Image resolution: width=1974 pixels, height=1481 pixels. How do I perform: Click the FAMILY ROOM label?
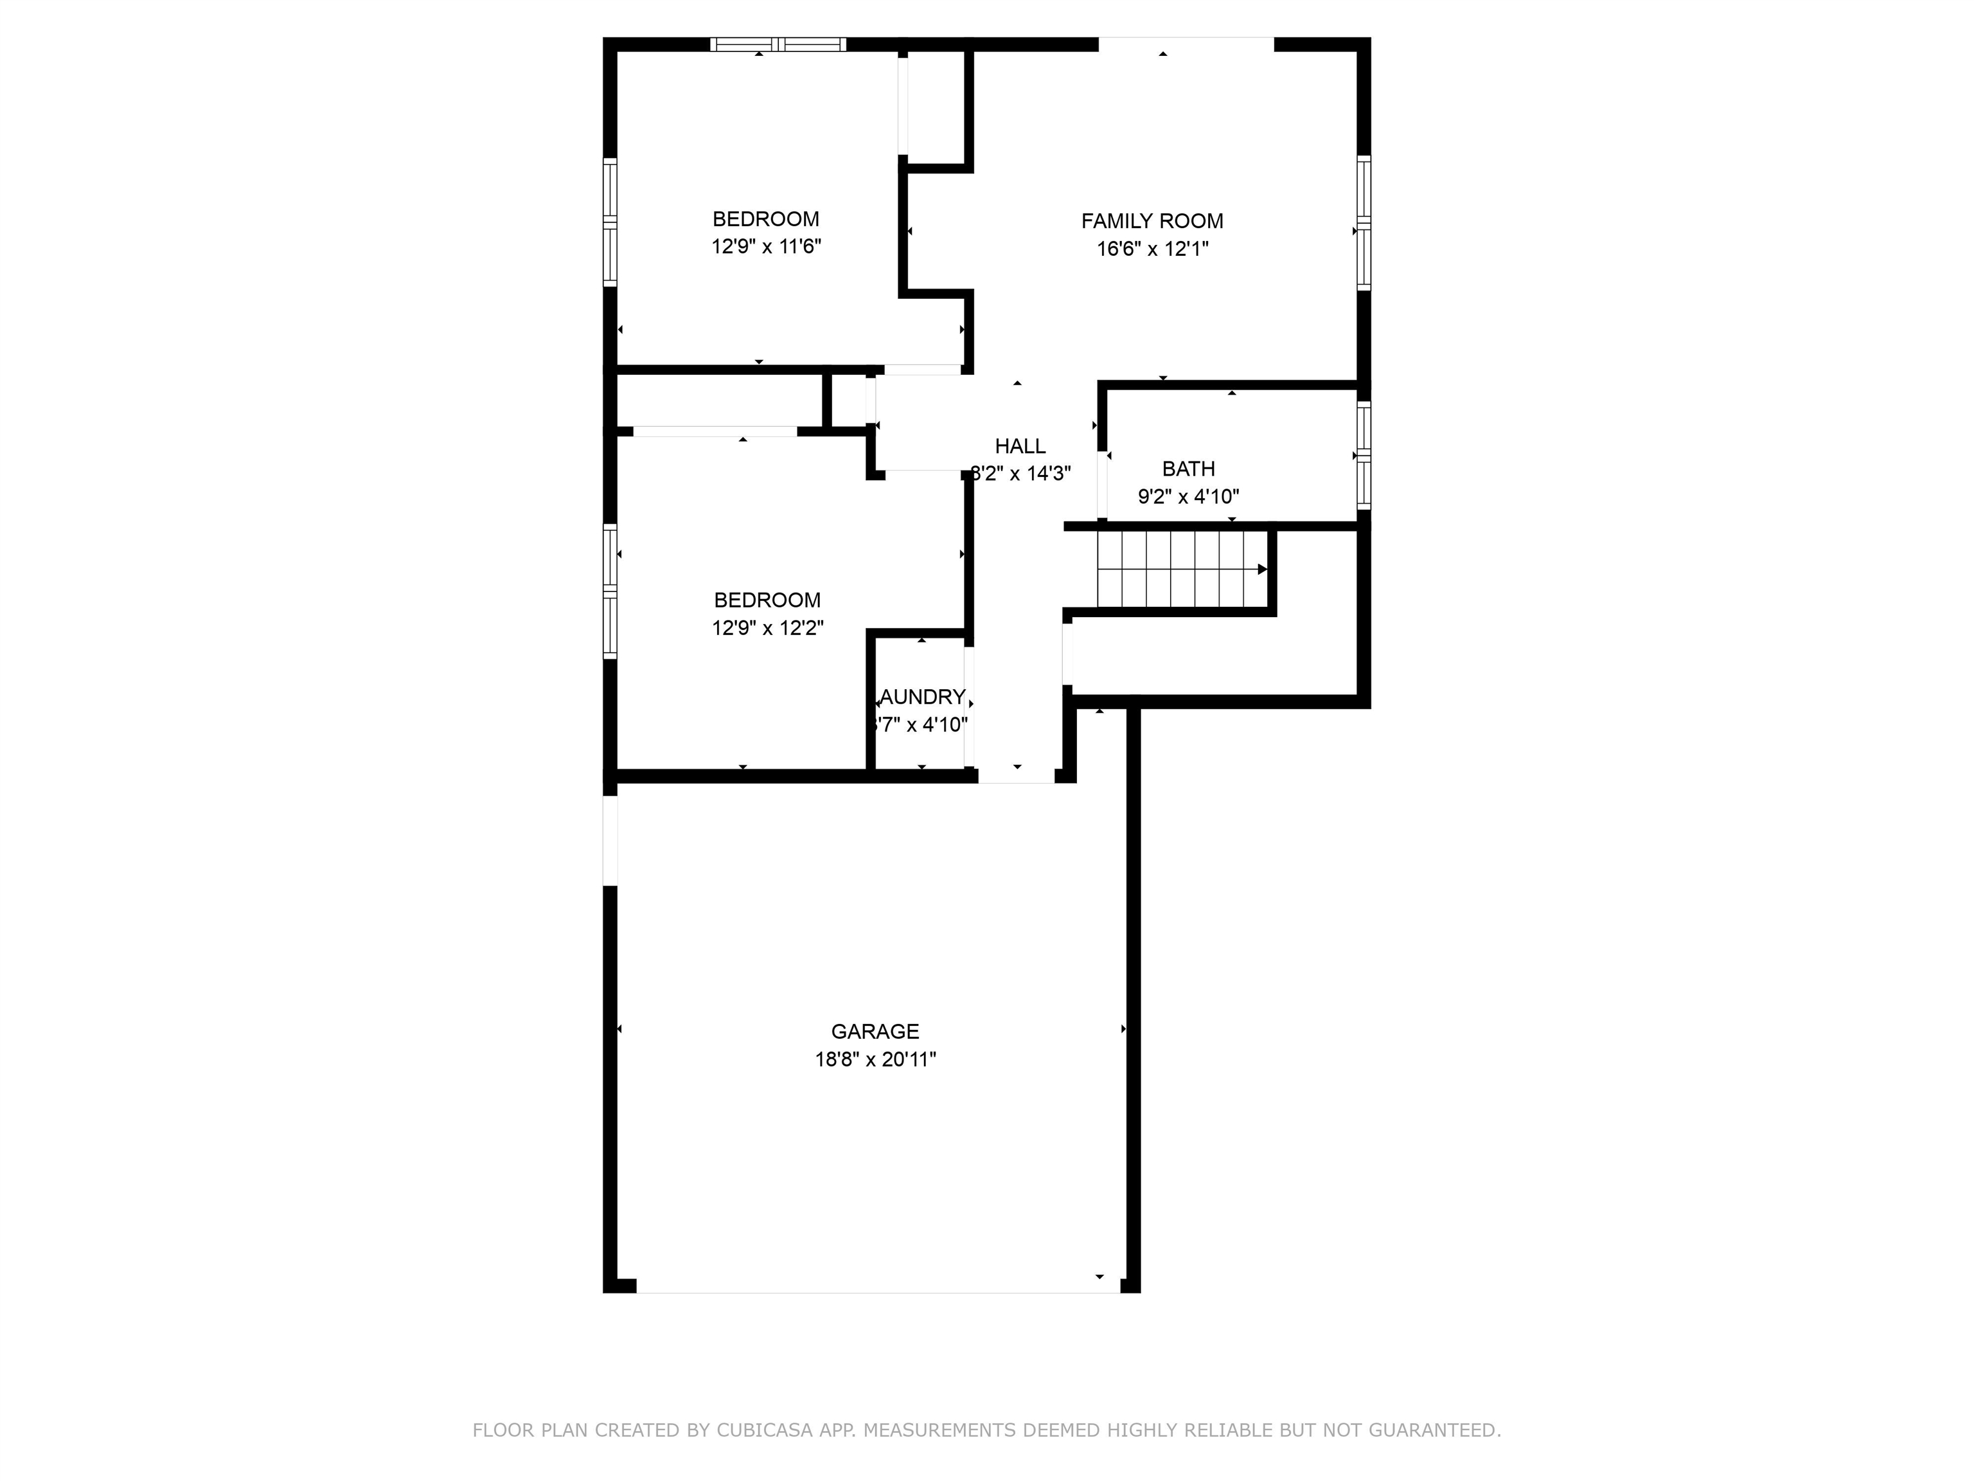1151,220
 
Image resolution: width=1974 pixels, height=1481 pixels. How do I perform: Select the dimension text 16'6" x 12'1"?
1151,249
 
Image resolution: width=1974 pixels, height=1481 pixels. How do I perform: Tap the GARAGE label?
875,1031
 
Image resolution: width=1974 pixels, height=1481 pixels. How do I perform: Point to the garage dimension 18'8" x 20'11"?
875,1059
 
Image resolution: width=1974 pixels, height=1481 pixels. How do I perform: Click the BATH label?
1187,469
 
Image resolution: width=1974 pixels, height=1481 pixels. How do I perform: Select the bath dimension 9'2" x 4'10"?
1187,496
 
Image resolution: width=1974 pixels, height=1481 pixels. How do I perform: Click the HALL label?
1020,446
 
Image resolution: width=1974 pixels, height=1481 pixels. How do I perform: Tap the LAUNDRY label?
923,696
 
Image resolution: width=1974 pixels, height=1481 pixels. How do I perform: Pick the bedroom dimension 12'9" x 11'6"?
766,246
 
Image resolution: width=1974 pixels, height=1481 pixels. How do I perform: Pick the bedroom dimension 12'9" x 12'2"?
767,627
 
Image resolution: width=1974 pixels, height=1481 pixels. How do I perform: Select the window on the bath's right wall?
1363,455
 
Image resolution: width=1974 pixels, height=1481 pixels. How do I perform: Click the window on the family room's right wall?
1363,222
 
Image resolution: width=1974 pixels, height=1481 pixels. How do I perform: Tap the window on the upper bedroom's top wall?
778,44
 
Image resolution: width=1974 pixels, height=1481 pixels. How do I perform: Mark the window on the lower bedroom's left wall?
610,592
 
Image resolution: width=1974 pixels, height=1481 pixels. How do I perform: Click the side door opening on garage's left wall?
610,840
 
